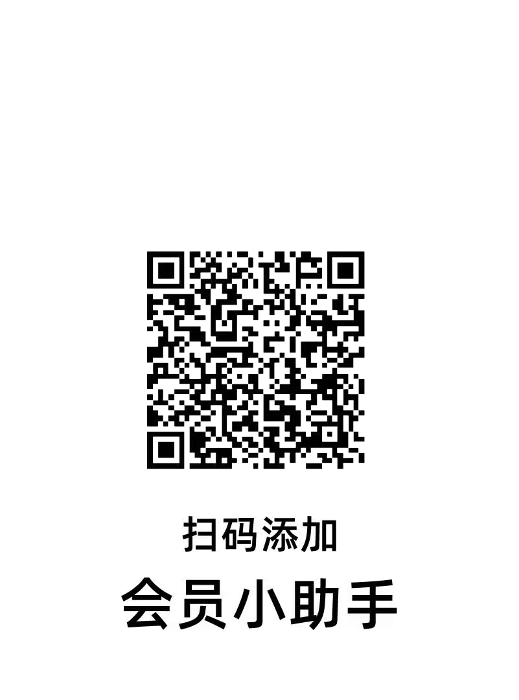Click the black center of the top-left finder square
coord(165,270)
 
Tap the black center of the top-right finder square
coord(347,270)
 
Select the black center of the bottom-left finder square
coord(165,449)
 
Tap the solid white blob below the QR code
coord(189,555)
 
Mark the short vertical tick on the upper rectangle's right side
coord(336,522)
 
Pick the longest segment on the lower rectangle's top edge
coord(201,576)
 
